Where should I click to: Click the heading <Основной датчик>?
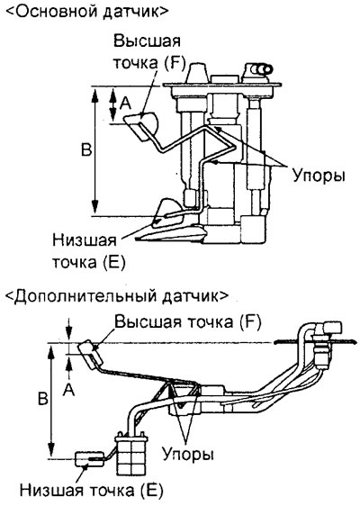(87, 12)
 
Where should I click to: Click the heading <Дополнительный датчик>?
(116, 295)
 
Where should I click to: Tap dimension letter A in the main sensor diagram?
(125, 104)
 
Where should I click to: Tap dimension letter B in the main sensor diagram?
(86, 150)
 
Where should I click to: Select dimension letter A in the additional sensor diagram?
(69, 390)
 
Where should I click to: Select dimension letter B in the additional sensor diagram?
(43, 399)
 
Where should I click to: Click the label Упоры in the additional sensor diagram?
(188, 455)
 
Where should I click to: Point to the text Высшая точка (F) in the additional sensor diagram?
(188, 322)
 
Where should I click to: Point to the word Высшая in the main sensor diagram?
(147, 41)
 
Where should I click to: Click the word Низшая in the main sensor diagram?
(85, 240)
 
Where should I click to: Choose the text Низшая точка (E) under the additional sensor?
(91, 491)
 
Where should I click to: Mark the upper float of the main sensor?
(142, 125)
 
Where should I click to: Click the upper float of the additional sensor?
(91, 352)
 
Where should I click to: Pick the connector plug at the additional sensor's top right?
(331, 328)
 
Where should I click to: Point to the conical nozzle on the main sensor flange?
(197, 73)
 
